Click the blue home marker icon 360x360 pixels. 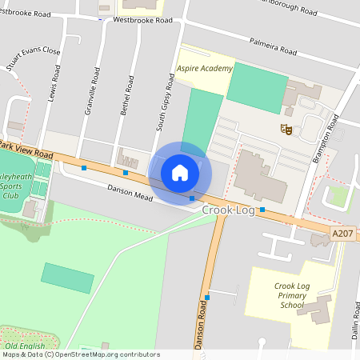[x=180, y=172]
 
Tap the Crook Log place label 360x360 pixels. [x=229, y=210]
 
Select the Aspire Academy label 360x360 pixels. [x=205, y=69]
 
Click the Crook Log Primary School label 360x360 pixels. [x=290, y=295]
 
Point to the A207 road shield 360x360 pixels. [x=342, y=233]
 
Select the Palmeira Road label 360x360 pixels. [x=272, y=46]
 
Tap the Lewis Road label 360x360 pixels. [x=54, y=84]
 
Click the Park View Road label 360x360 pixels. [x=26, y=150]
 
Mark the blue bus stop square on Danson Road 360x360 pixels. [x=207, y=298]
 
